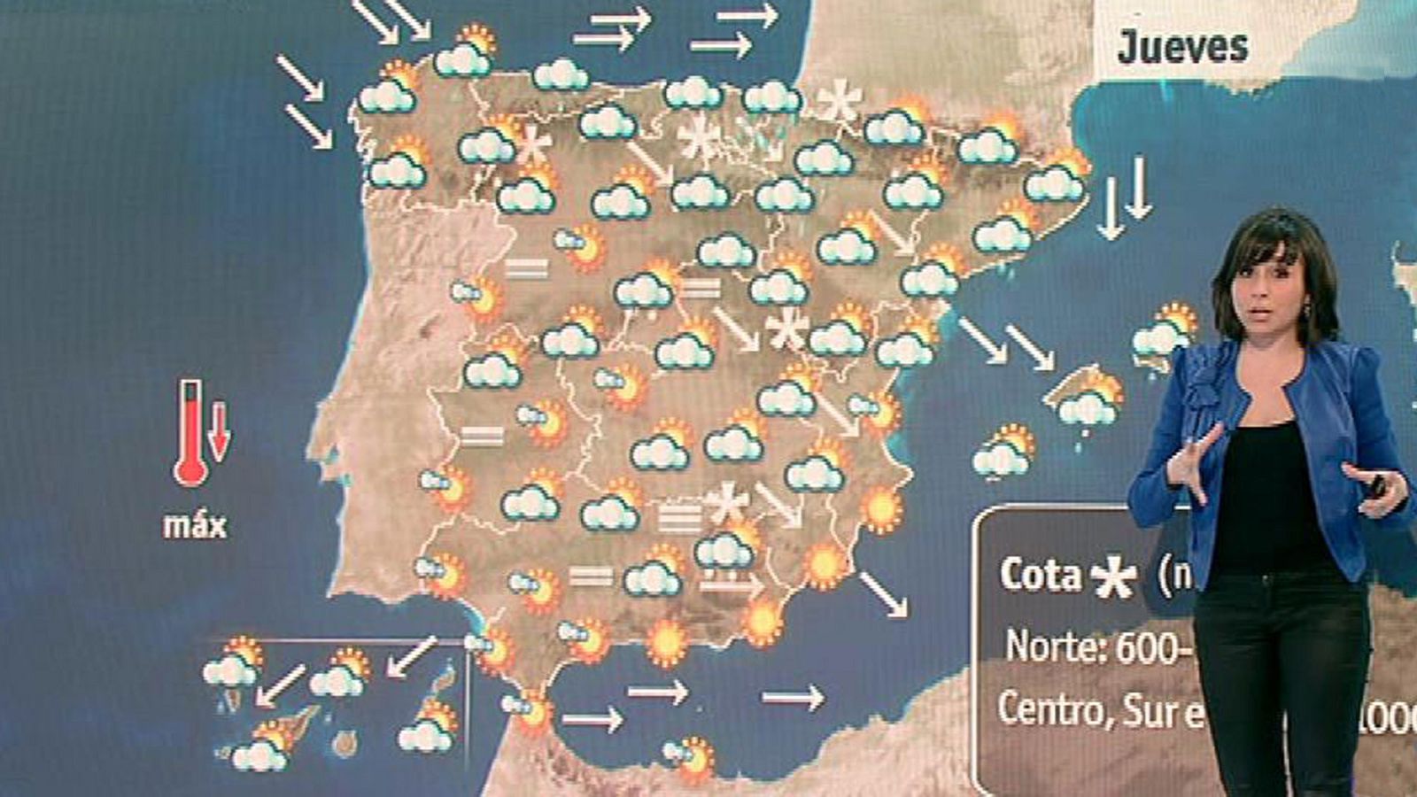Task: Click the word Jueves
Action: tap(1181, 46)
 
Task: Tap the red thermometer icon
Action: tap(190, 434)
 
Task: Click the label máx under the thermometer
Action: tap(195, 525)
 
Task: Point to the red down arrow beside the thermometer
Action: tap(219, 430)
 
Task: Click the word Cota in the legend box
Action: tap(1041, 575)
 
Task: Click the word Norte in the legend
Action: tap(1053, 647)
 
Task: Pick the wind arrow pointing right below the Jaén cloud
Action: tap(731, 584)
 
